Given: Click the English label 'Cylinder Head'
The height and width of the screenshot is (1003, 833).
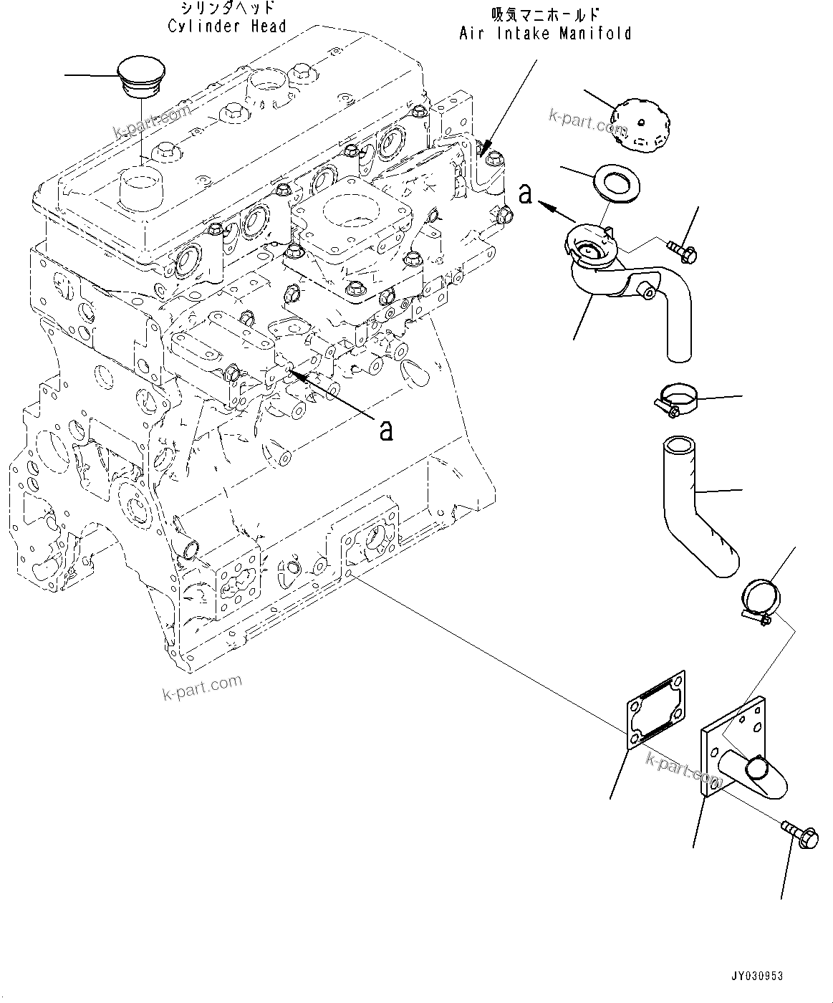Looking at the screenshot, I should [x=227, y=27].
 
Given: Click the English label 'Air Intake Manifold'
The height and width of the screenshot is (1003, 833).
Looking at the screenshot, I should [x=545, y=33].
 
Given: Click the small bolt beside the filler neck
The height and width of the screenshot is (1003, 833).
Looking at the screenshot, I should [x=683, y=250].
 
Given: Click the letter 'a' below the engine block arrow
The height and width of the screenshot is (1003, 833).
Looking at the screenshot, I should [x=386, y=429].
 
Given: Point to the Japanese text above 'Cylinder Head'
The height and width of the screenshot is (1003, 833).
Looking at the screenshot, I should [x=226, y=9].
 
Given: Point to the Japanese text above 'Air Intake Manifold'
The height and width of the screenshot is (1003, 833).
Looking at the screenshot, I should [x=545, y=14].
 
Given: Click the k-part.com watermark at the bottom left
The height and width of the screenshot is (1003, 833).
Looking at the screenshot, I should [x=203, y=688].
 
